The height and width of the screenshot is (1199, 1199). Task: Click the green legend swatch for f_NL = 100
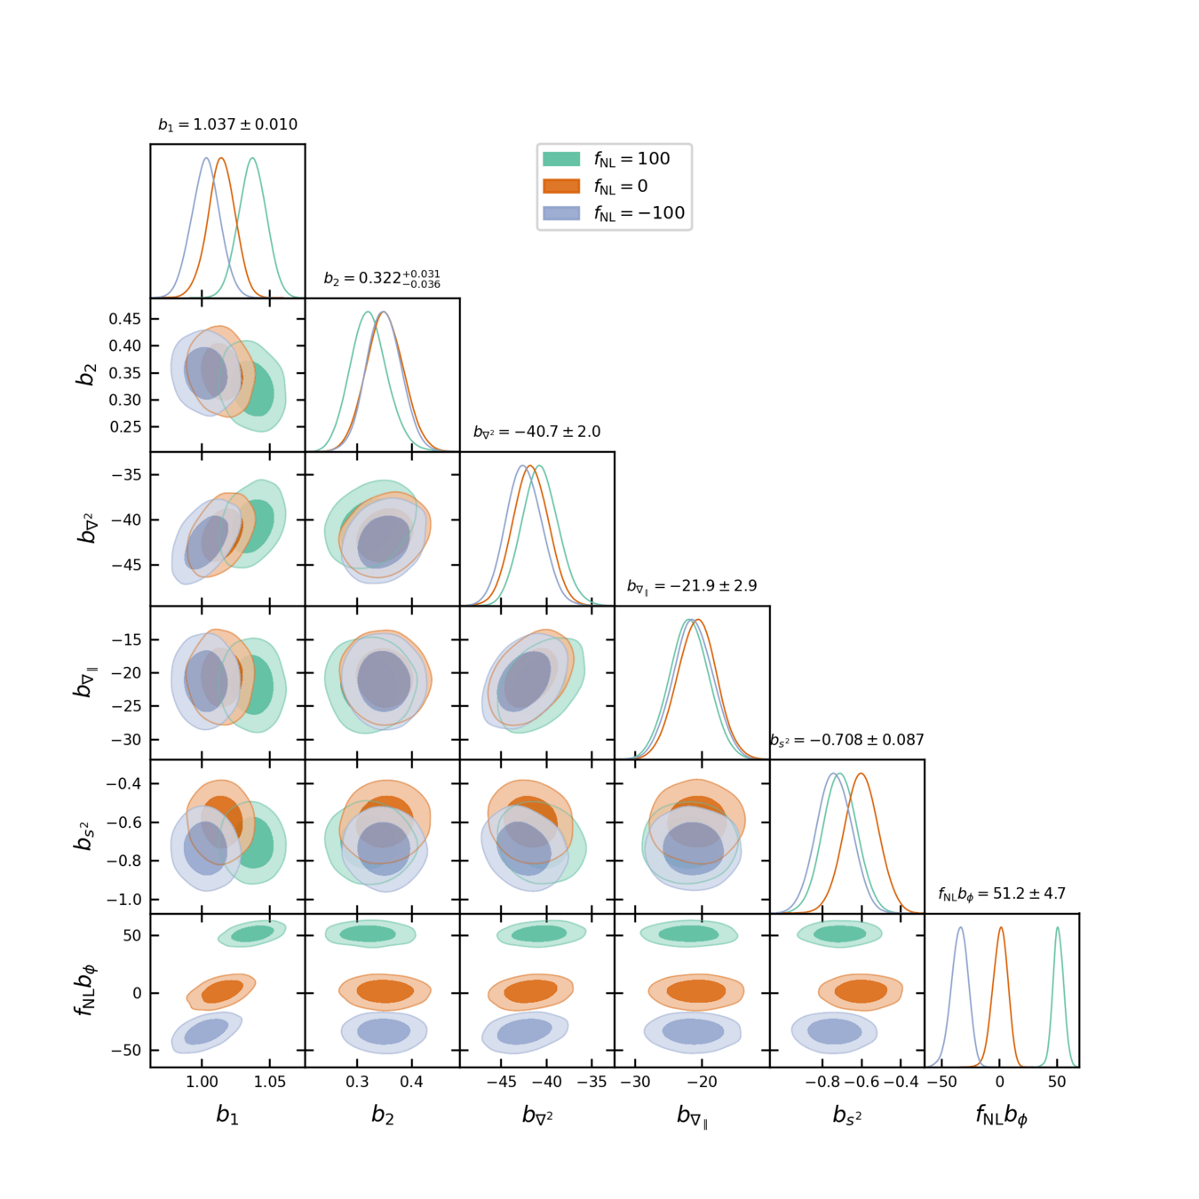coord(561,159)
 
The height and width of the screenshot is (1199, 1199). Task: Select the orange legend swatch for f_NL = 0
coord(561,186)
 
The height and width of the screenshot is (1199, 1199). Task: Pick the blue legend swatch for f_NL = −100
coord(561,213)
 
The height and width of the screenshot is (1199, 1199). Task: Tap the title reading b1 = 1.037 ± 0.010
coord(227,124)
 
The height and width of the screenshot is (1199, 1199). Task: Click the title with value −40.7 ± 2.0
coord(536,432)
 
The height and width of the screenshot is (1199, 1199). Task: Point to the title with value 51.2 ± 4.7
coord(1002,893)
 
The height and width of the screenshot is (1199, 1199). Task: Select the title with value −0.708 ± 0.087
coord(847,740)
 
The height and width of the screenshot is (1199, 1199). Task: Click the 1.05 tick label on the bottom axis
coord(270,1082)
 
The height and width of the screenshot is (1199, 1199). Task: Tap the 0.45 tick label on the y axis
coord(124,319)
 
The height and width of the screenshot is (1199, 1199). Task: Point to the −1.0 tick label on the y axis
coord(123,900)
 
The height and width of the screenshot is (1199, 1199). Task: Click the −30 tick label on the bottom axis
coord(634,1082)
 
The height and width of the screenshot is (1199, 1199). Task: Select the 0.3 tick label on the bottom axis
coord(357,1082)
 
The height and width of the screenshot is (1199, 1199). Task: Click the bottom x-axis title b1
coord(227,1116)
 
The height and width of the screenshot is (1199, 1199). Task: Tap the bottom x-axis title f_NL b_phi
coord(1002,1116)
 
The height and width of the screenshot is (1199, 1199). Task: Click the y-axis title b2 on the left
coord(85,375)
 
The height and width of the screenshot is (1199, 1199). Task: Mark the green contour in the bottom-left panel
coord(253,933)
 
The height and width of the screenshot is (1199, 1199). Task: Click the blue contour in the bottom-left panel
coord(207,1031)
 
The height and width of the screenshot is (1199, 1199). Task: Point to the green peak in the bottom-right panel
coord(1057,929)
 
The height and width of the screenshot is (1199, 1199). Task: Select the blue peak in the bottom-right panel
coord(960,929)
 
